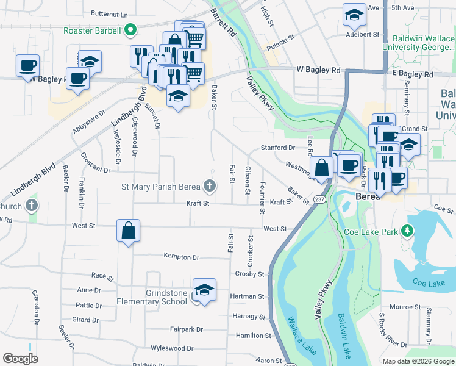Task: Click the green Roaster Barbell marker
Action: coord(130,29)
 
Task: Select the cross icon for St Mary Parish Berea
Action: coord(209,185)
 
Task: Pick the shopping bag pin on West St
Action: coord(128,231)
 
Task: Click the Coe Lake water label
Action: coord(429,282)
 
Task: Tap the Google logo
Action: coord(21,359)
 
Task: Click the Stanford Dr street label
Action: coord(278,148)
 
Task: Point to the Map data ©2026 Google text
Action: coord(418,361)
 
